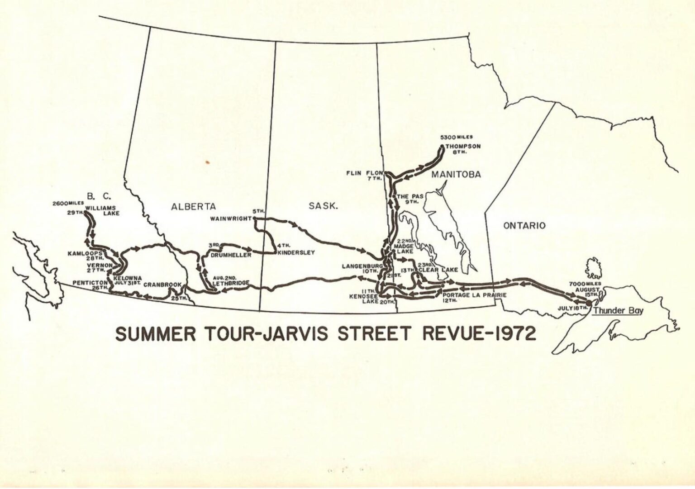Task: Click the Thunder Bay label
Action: coord(618,311)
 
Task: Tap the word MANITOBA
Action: coord(456,175)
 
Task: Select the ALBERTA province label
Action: coord(193,207)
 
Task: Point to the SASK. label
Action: coord(323,206)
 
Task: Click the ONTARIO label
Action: coord(524,225)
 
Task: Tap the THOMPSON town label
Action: coord(463,147)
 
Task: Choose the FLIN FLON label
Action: coord(365,173)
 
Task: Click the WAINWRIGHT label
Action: coord(231,219)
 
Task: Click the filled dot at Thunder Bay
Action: coord(588,303)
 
